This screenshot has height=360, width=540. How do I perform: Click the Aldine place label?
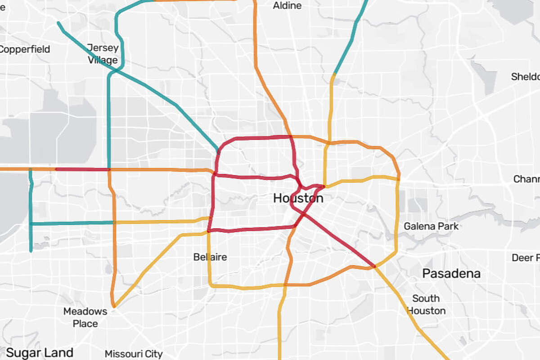(287, 6)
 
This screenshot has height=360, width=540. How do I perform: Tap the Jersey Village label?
(103, 54)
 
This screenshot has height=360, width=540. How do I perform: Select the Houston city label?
(298, 198)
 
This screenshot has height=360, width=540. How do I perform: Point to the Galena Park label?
(431, 226)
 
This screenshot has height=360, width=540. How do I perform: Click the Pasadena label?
(451, 273)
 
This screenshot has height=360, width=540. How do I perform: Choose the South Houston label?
(426, 304)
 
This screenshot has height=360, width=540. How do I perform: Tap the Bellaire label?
(210, 257)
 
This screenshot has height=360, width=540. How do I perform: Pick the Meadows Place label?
(85, 317)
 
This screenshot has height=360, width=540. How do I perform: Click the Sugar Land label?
(40, 352)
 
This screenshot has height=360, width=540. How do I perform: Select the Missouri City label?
(134, 354)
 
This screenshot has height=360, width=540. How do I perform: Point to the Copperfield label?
(24, 49)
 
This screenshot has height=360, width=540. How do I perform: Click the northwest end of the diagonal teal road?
(58, 23)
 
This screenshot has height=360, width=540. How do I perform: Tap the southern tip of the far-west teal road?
(31, 251)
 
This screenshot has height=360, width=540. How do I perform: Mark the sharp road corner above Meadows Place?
(114, 306)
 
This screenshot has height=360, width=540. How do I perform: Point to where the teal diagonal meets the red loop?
(218, 150)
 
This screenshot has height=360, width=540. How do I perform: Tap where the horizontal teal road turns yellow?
(114, 222)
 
